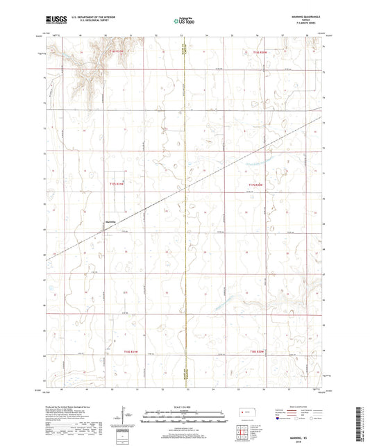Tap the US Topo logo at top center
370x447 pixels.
point(185,21)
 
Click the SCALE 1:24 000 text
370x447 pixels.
point(185,406)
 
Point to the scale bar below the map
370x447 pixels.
point(185,416)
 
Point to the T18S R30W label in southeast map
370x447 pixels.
point(258,353)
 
